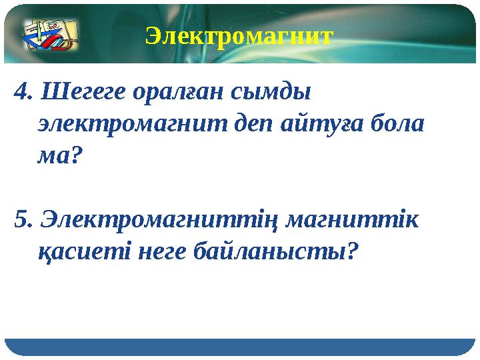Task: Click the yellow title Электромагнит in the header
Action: [239, 35]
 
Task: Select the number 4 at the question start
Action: [21, 91]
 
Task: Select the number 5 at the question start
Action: [21, 219]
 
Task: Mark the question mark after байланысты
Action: [353, 251]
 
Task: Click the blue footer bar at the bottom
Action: [240, 347]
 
